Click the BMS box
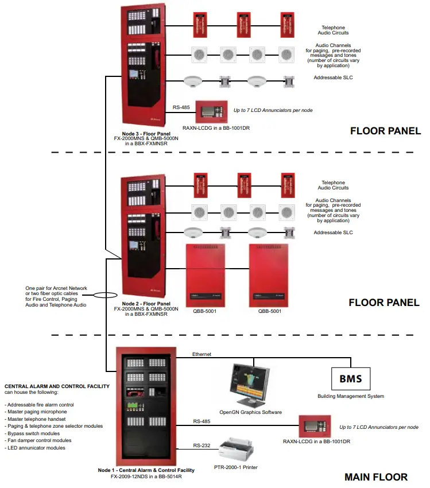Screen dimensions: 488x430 (350, 379)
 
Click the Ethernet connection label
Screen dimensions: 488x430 (202, 354)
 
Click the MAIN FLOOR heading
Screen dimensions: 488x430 (375, 477)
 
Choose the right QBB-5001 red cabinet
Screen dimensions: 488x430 (269, 275)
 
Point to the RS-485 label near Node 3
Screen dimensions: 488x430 (181, 107)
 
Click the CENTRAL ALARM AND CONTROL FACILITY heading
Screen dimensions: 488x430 (57, 386)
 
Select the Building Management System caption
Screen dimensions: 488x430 (351, 396)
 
